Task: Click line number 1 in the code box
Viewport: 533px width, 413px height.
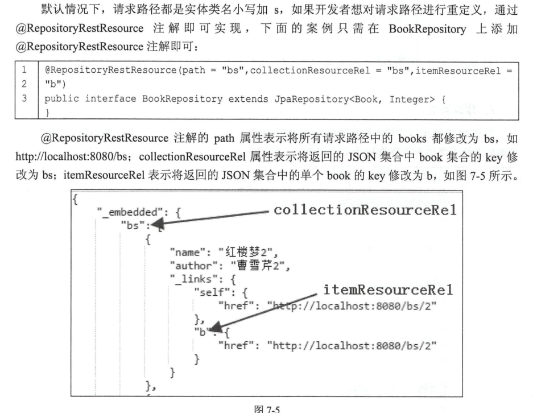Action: [24, 70]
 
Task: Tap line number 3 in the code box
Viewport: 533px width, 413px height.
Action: [24, 98]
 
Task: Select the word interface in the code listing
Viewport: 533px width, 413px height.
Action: [110, 99]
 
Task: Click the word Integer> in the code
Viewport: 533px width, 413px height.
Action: [412, 100]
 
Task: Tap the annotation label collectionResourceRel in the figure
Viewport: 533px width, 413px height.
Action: [365, 210]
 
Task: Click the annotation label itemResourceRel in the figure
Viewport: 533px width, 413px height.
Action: [388, 290]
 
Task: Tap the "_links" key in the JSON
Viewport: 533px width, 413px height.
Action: [193, 279]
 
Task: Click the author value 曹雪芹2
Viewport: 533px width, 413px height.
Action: [257, 266]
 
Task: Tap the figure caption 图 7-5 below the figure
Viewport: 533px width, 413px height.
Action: [267, 408]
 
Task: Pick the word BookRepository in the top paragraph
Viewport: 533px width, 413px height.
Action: [427, 29]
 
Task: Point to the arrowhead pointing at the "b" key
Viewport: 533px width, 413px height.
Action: [216, 327]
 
